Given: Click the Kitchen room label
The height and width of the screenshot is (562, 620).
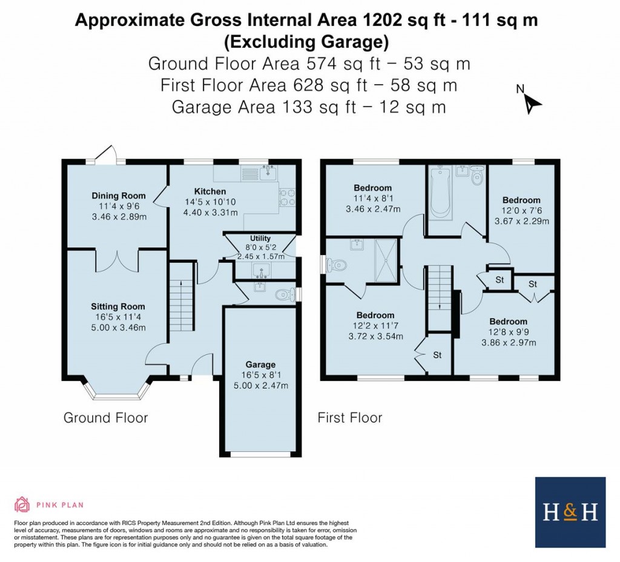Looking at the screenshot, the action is click(x=210, y=191).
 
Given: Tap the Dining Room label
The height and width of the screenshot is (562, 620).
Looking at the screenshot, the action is click(x=119, y=196).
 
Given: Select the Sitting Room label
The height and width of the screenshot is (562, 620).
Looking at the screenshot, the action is click(x=118, y=306).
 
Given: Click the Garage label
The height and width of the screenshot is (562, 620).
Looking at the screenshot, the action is click(x=260, y=365).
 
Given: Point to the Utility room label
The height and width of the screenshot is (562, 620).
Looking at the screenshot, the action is click(x=260, y=238).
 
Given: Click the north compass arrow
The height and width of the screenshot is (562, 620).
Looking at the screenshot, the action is click(x=532, y=104).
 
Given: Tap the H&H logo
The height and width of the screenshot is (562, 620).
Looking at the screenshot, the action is click(x=570, y=512).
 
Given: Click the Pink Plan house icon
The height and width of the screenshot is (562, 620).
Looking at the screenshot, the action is click(x=22, y=504).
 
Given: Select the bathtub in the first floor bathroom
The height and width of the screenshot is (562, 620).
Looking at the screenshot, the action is click(x=440, y=192).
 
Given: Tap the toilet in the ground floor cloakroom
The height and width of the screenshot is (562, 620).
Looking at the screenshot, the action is click(x=284, y=294).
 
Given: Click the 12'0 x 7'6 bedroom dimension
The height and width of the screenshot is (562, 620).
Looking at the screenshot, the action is click(x=521, y=211).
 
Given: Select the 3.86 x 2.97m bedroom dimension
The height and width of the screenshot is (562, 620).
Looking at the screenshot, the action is click(x=509, y=343).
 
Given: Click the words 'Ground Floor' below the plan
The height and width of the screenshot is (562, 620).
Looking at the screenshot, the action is click(x=105, y=418).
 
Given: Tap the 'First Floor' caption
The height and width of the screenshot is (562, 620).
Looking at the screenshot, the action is click(x=350, y=418).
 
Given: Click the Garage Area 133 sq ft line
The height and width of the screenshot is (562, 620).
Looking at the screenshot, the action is click(x=309, y=107).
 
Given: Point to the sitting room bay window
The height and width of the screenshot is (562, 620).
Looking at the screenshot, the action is click(x=117, y=392).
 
